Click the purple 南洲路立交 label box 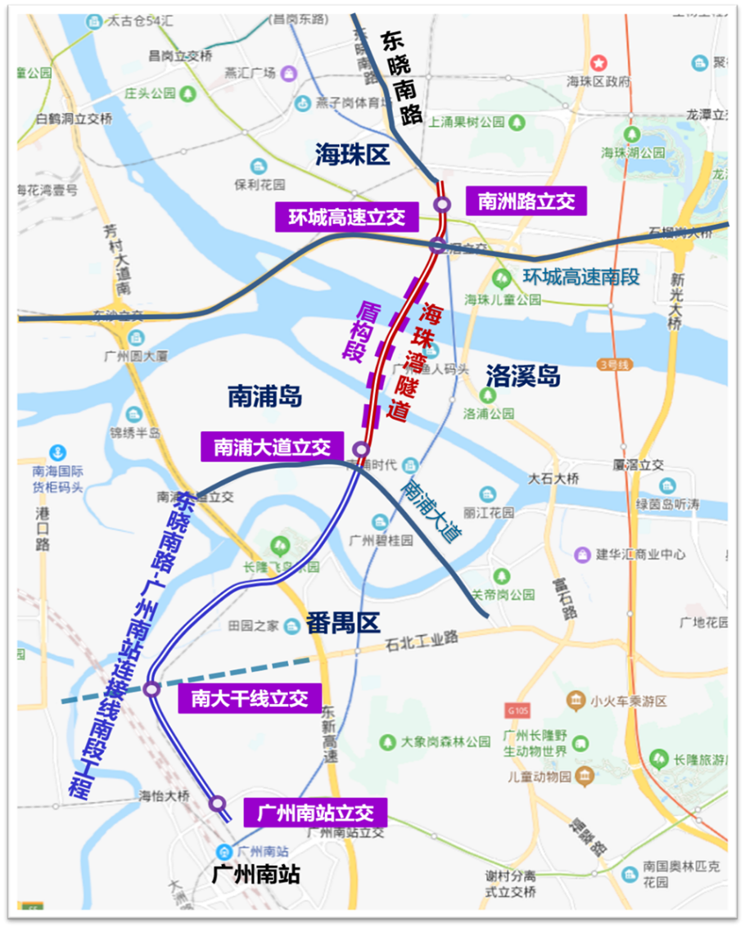(x=526, y=201)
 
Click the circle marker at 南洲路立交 (x=442, y=205)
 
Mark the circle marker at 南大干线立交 (x=151, y=689)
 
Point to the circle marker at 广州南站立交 (x=217, y=804)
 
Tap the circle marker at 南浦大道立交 (x=360, y=449)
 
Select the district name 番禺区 (x=343, y=624)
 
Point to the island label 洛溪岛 (x=522, y=376)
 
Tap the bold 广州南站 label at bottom (x=255, y=874)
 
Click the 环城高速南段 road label (x=581, y=277)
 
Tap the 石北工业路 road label (x=422, y=638)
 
